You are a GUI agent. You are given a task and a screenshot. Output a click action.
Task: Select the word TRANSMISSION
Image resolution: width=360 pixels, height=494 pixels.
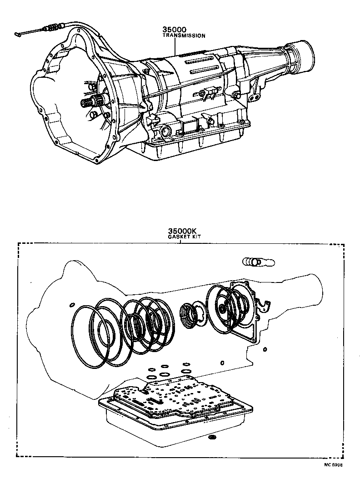184,35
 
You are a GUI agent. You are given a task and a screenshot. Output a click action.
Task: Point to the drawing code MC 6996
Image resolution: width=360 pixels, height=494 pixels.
333,465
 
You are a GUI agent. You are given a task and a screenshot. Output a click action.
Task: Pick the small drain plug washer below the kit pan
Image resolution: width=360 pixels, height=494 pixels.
211,438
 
